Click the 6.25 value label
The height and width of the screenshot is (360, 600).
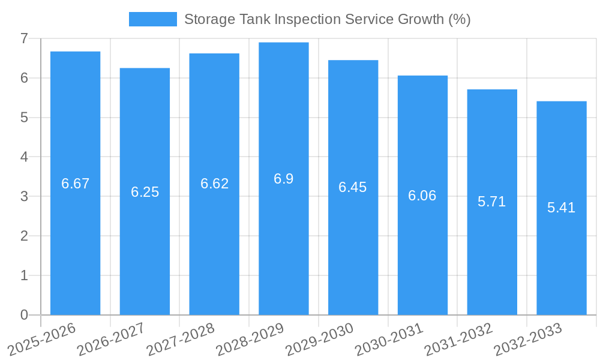(145, 192)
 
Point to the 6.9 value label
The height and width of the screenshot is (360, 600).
(283, 179)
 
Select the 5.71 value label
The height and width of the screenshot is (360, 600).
(491, 202)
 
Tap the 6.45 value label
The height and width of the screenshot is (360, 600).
(352, 187)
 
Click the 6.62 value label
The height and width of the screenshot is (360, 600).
(214, 184)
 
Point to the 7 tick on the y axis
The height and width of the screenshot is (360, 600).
(24, 39)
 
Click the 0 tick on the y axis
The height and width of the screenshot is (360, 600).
(24, 315)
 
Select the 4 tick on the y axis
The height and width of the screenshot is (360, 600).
(24, 157)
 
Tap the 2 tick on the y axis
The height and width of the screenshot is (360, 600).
(24, 236)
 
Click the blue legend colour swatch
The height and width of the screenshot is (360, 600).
(152, 19)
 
